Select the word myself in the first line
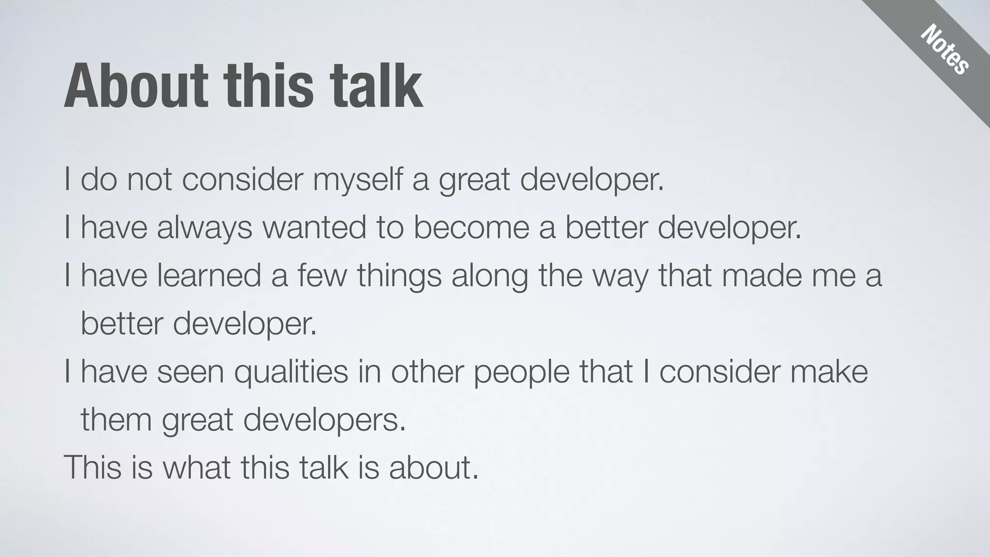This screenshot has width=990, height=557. click(x=357, y=180)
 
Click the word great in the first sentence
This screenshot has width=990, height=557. click(x=474, y=180)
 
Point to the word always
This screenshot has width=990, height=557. click(x=204, y=228)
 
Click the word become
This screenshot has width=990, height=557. click(x=471, y=228)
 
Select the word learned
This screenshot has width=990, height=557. click(x=209, y=276)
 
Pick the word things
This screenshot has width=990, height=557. click(x=399, y=276)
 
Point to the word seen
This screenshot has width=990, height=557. click(x=190, y=372)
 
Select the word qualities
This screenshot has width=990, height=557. click(x=291, y=372)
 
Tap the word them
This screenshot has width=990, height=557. click(x=116, y=420)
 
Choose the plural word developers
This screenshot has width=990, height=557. click(x=324, y=420)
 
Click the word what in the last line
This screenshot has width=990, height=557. click(x=196, y=468)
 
